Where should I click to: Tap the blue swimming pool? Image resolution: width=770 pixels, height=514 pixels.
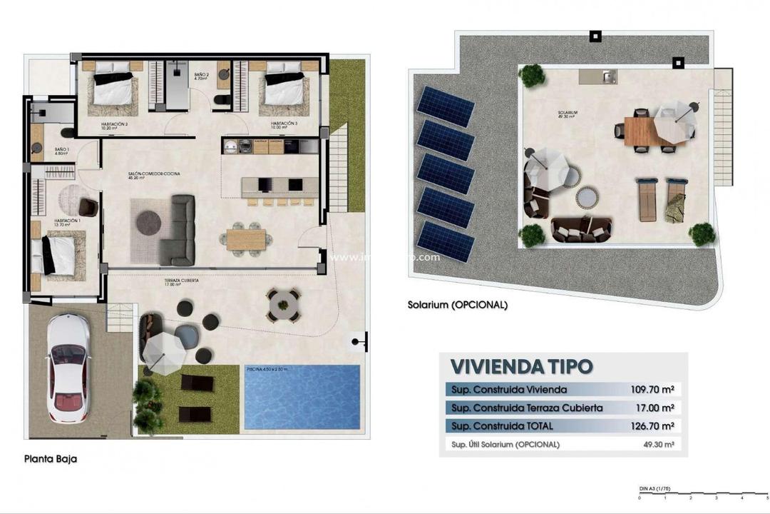click(302, 398)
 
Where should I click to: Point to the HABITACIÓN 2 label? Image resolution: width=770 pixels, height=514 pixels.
click(115, 124)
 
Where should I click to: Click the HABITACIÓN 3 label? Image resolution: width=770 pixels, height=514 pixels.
click(284, 124)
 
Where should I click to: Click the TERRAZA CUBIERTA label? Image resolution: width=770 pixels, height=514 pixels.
click(181, 281)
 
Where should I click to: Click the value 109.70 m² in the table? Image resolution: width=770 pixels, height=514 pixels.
click(652, 390)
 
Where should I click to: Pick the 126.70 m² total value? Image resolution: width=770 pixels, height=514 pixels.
click(652, 426)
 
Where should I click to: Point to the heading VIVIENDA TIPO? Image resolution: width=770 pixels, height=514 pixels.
click(521, 367)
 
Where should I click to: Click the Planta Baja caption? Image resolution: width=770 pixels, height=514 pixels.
click(50, 459)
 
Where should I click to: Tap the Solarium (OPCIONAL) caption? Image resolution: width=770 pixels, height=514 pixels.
click(457, 304)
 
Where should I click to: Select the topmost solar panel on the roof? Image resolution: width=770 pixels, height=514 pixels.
click(446, 106)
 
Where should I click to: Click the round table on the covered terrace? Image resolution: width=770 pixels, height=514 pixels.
click(284, 305)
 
